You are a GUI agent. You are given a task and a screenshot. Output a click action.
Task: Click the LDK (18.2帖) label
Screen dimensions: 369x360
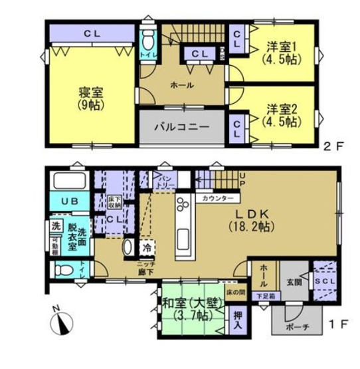(x=272, y=219)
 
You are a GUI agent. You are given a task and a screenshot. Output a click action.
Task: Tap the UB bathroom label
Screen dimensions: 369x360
(x=69, y=200)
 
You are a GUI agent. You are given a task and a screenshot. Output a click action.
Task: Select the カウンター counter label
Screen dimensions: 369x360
(x=217, y=199)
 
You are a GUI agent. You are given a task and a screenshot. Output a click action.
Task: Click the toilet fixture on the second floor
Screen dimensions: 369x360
(x=148, y=41)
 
